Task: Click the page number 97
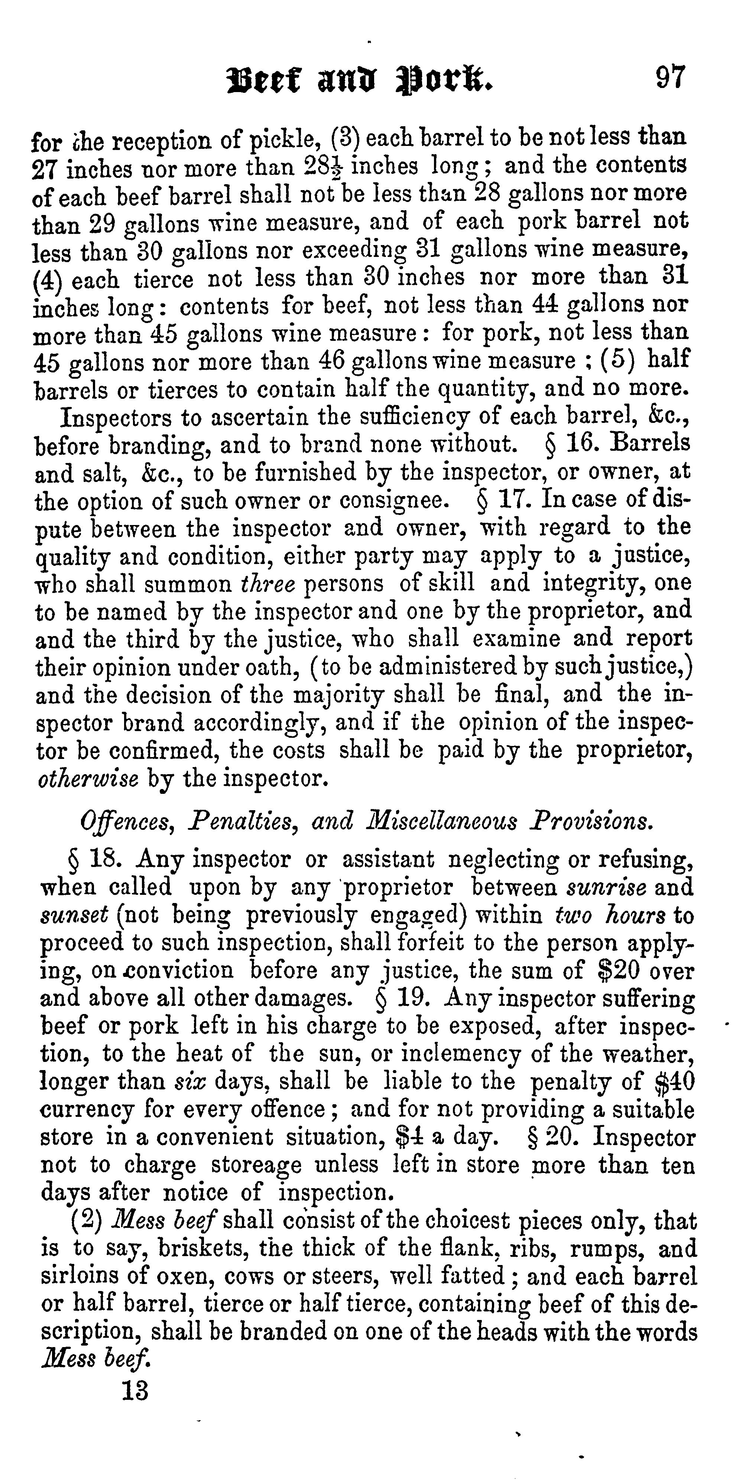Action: [670, 78]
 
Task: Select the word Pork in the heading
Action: [445, 81]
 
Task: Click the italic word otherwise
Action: [88, 779]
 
